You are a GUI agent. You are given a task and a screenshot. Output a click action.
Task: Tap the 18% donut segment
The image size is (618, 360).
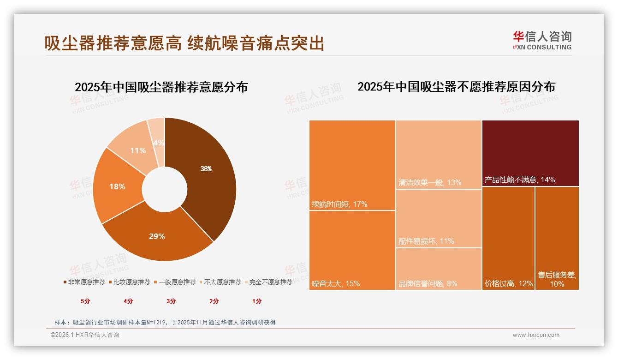pos(117,186)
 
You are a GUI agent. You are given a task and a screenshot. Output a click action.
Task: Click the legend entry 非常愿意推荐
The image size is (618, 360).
pos(84,282)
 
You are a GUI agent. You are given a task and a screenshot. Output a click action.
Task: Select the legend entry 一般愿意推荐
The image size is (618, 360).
pos(177,282)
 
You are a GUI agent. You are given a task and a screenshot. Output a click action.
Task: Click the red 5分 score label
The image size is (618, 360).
pos(85,301)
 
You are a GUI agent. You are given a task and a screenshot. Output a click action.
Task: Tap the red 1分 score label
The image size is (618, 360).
pos(257,301)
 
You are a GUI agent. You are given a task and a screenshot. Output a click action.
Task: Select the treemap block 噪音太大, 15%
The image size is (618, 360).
pos(352,250)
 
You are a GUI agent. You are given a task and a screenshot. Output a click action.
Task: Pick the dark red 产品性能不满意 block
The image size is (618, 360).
pos(530,153)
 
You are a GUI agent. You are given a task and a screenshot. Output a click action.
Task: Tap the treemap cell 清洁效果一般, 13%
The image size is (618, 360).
pos(439,154)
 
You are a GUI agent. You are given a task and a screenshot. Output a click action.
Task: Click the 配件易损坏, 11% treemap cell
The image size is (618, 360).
pos(439,218)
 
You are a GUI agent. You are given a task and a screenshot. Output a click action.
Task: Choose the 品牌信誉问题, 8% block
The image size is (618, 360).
pos(439,269)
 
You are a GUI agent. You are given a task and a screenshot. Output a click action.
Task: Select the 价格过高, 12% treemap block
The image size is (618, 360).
pos(508,238)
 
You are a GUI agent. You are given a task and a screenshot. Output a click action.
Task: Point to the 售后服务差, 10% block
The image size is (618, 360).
pos(557,238)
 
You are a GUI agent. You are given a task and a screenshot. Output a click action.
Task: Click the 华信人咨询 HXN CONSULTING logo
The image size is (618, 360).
pos(542,40)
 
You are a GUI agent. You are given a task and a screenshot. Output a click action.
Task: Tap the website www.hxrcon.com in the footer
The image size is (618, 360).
pos(536,335)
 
